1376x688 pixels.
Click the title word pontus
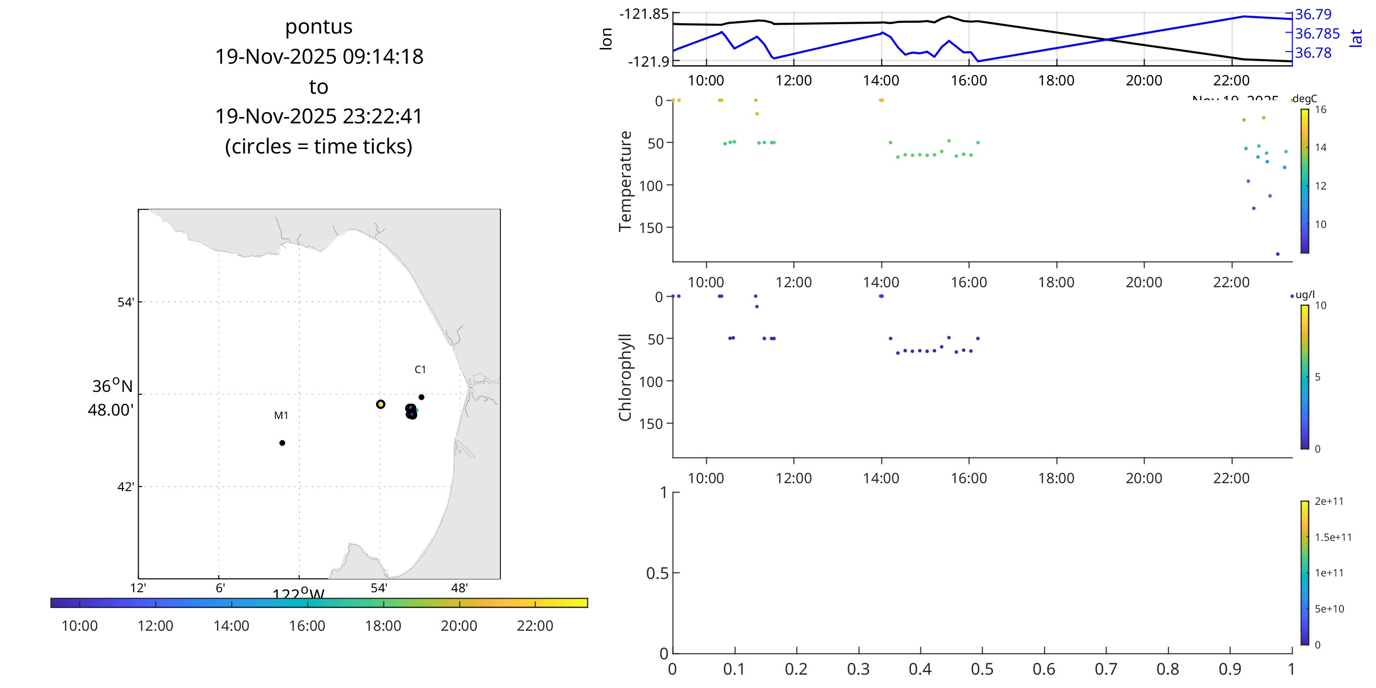[x=318, y=27]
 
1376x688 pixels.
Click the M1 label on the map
[x=281, y=416]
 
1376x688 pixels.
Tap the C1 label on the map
[x=420, y=370]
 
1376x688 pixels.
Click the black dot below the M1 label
[x=282, y=443]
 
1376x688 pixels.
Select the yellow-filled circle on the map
[x=381, y=404]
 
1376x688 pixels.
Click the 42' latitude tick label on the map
[x=125, y=487]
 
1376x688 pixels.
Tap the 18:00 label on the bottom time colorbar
[x=383, y=626]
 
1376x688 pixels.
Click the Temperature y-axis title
[x=625, y=181]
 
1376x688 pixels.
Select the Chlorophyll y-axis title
[x=625, y=377]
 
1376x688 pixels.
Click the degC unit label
[x=1305, y=99]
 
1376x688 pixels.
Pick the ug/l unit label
[x=1305, y=295]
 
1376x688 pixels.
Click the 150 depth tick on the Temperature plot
[x=650, y=228]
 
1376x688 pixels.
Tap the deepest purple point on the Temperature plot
[x=1278, y=254]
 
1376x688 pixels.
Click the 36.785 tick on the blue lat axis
[x=1317, y=34]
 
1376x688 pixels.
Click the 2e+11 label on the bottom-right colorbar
[x=1329, y=501]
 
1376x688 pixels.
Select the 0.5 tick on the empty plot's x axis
[x=982, y=669]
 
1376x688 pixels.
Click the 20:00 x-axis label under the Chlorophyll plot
[x=1144, y=478]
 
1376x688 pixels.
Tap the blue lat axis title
[x=1356, y=38]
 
